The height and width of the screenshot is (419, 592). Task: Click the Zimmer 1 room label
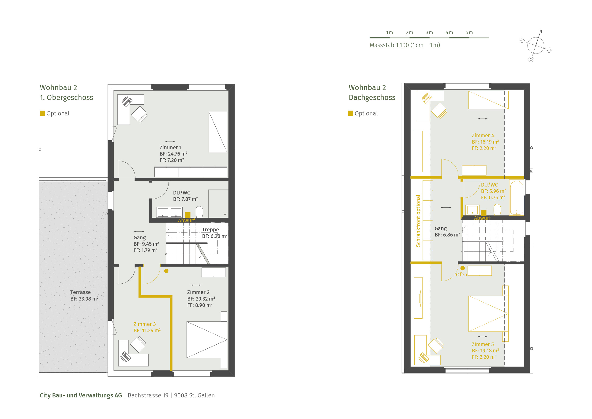(170, 147)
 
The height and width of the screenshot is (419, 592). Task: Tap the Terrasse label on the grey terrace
(80, 292)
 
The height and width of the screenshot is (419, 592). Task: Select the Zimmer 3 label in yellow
(144, 324)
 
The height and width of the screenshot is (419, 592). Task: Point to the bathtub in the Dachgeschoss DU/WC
(517, 198)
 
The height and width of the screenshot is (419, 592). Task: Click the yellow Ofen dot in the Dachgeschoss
(463, 268)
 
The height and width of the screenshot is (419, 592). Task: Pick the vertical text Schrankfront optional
(418, 221)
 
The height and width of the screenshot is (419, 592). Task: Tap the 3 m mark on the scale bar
(429, 33)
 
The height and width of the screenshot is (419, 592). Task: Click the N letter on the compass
(541, 31)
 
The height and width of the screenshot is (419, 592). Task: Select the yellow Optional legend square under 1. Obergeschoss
(42, 113)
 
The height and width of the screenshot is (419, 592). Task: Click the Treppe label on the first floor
(210, 229)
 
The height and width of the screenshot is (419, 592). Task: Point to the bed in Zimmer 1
(218, 132)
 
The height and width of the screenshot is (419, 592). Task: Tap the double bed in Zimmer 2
(207, 340)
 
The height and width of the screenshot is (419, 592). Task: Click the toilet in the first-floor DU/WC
(199, 212)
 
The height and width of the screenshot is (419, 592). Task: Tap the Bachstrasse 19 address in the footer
(148, 396)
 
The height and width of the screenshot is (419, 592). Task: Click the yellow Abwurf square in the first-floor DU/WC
(188, 215)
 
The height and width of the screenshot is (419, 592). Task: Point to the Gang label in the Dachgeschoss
(441, 229)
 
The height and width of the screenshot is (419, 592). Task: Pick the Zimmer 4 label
(483, 136)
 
